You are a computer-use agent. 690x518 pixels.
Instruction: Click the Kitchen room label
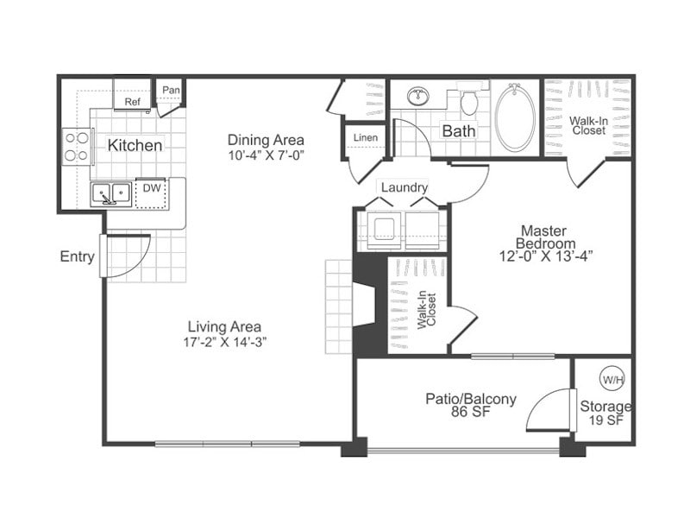134,145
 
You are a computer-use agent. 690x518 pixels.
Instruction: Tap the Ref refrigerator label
132,102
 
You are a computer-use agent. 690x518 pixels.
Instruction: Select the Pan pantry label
171,90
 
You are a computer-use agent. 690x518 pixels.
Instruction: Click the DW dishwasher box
151,188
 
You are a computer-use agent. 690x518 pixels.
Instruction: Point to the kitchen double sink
111,193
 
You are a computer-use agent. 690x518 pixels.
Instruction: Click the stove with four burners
77,145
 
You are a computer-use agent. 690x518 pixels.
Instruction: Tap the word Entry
77,256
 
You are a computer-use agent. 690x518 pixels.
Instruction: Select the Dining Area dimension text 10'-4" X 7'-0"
266,155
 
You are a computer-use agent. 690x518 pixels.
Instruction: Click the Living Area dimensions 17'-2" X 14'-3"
224,342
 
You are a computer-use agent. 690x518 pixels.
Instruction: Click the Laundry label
404,187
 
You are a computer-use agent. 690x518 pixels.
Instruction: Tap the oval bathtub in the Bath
515,118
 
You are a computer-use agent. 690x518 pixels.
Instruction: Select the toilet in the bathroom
469,101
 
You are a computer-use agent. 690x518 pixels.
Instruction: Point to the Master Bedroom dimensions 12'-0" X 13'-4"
545,256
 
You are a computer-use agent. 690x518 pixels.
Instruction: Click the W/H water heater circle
611,379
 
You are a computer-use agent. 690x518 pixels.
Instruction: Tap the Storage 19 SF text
605,414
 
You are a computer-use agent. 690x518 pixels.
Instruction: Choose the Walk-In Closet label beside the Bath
587,125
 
